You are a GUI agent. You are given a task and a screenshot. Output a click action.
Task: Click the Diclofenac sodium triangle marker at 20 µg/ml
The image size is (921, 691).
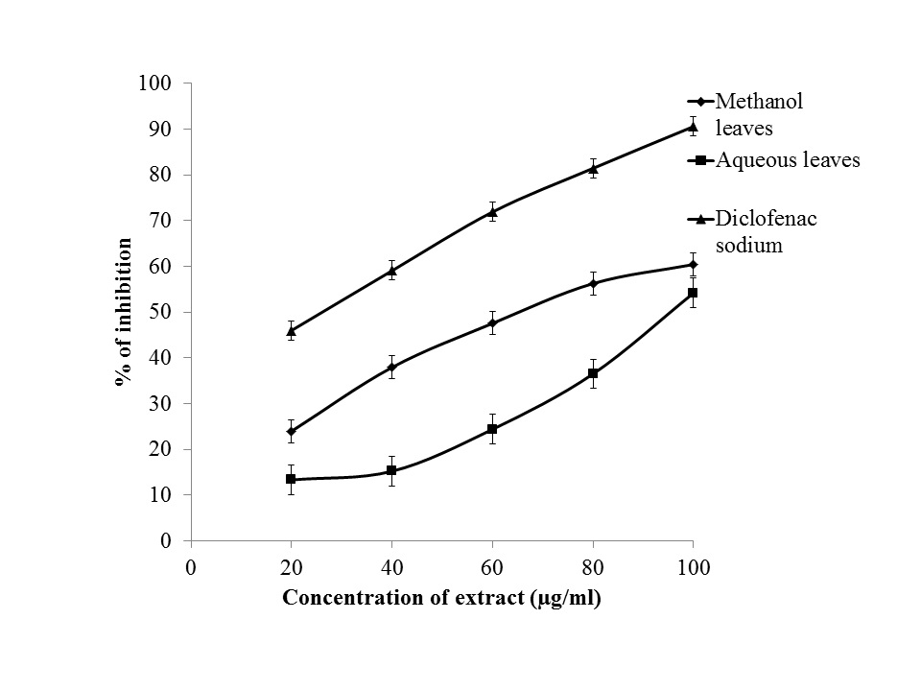[291, 331]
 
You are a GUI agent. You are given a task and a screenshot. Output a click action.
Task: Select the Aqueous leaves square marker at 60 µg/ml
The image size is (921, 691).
[492, 429]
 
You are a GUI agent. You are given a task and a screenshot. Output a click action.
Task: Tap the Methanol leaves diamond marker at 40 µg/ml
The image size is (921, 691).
[391, 367]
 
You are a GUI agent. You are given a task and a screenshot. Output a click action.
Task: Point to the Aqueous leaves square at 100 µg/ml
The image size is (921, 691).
[693, 293]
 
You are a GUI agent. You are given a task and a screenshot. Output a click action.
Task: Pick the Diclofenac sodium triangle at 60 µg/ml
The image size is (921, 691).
[492, 212]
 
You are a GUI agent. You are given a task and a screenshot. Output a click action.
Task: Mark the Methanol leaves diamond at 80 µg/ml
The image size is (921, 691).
[593, 283]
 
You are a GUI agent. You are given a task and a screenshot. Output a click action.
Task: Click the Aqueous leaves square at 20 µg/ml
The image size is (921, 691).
[291, 479]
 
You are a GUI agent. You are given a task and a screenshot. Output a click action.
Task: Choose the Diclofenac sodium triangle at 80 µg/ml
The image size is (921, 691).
[593, 168]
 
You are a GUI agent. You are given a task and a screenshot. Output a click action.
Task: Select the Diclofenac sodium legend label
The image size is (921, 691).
[767, 231]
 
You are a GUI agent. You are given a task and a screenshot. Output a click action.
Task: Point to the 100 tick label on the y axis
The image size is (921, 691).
[154, 83]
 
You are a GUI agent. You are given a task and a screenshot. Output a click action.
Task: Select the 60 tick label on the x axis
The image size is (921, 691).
[492, 567]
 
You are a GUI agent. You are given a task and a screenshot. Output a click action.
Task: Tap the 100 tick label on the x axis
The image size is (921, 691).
[693, 567]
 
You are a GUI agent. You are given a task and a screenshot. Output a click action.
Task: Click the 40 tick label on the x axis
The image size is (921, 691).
[391, 567]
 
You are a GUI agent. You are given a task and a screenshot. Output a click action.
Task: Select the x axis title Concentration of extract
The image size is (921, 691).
[441, 599]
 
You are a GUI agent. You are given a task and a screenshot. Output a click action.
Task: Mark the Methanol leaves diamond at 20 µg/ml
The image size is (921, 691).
[291, 431]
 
